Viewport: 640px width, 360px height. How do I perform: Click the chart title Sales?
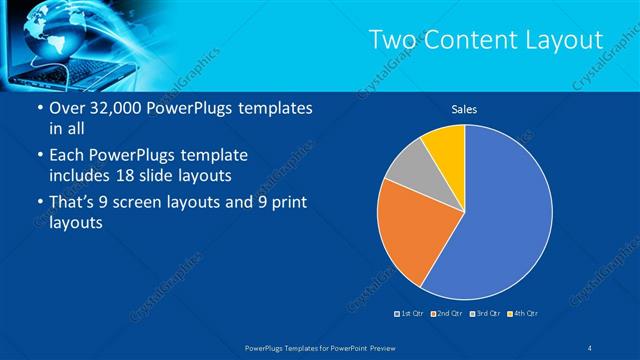tap(464, 109)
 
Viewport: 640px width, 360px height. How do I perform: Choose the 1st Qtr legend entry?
tap(410, 314)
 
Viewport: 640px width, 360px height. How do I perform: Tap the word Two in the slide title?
tap(393, 40)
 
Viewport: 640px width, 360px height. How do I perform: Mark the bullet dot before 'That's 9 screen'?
tap(39, 204)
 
